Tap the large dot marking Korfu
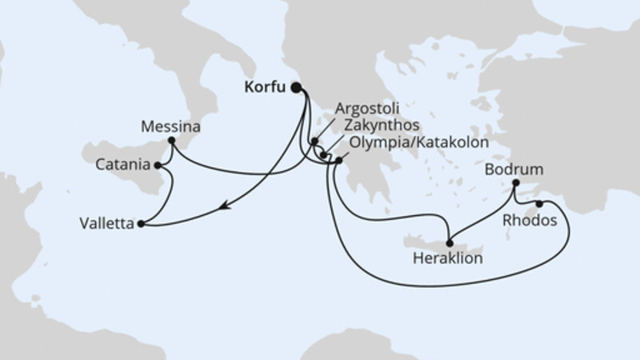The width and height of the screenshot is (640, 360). click(x=297, y=89)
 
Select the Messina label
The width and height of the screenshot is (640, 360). click(x=170, y=126)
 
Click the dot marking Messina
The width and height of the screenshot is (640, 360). click(x=171, y=142)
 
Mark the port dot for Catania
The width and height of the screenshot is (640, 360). click(x=158, y=166)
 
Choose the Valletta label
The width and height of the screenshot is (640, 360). click(x=107, y=224)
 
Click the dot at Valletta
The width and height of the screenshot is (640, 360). click(x=141, y=224)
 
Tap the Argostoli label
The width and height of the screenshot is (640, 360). click(x=368, y=107)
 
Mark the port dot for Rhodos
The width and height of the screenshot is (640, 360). click(x=539, y=203)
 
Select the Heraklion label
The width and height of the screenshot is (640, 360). click(x=448, y=258)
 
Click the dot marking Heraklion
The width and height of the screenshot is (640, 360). click(x=450, y=243)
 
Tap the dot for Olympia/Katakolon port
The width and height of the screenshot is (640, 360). click(x=339, y=161)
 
